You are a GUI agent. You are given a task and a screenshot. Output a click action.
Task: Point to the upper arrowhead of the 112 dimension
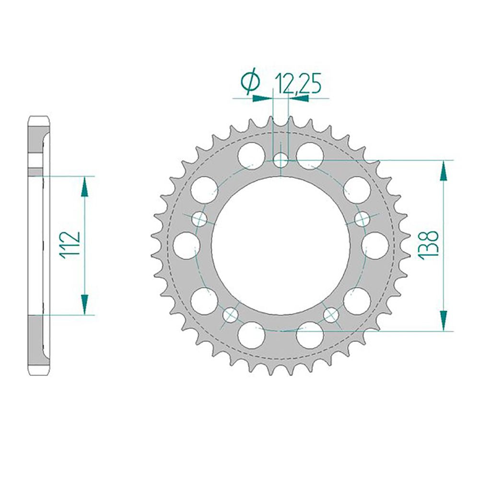84,187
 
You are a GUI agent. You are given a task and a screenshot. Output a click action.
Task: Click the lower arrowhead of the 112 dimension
84,304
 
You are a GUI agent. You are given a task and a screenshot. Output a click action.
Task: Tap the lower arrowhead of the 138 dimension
444,320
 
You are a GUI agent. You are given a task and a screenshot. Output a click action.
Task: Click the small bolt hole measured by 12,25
281,160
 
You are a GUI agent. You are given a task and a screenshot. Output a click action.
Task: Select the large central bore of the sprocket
281,245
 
